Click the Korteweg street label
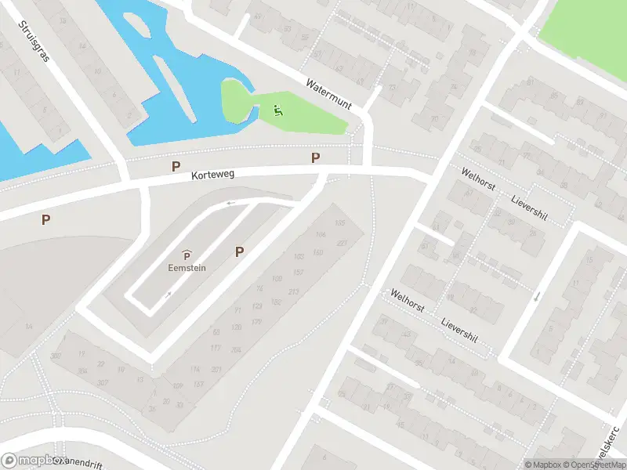pyautogui.click(x=214, y=178)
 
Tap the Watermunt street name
pyautogui.click(x=329, y=92)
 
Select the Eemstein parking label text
pyautogui.click(x=187, y=266)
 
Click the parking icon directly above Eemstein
pyautogui.click(x=187, y=254)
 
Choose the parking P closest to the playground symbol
pyautogui.click(x=316, y=157)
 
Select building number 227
pyautogui.click(x=342, y=243)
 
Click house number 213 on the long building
pyautogui.click(x=294, y=292)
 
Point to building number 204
pyautogui.click(x=237, y=349)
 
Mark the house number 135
pyautogui.click(x=339, y=223)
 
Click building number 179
pyautogui.click(x=256, y=321)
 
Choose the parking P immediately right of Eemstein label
pyautogui.click(x=240, y=251)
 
